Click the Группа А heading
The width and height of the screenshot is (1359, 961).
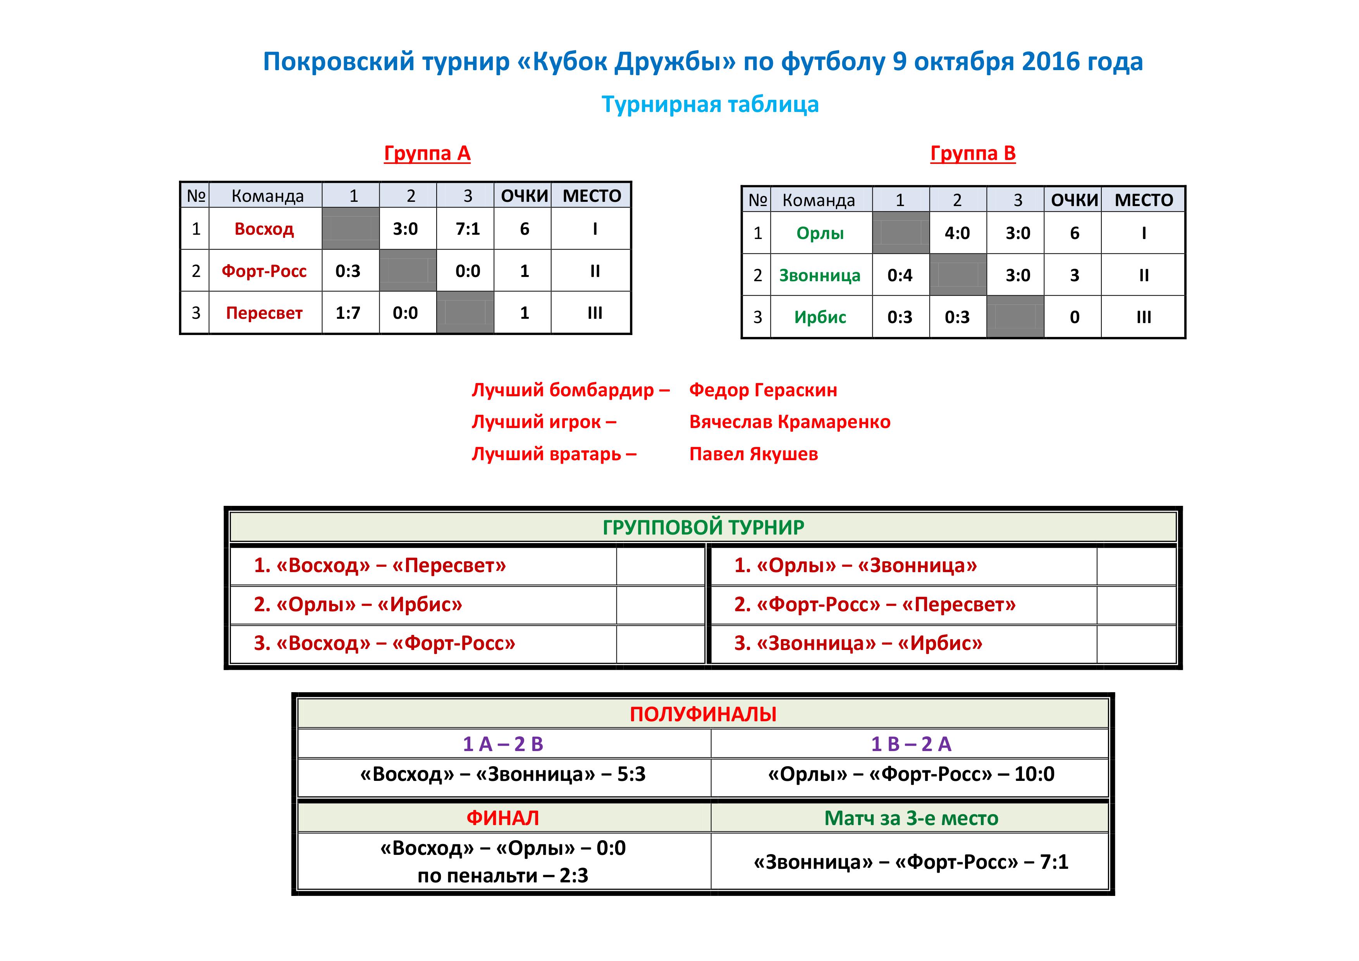click(x=427, y=153)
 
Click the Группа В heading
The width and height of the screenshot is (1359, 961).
click(x=973, y=153)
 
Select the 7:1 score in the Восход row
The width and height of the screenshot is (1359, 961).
click(x=468, y=229)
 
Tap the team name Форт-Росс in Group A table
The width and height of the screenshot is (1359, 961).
click(x=264, y=271)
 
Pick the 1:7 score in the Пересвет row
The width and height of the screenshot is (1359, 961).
click(x=347, y=313)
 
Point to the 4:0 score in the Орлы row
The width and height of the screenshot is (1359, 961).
click(x=957, y=233)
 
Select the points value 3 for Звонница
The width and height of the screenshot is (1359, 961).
click(x=1074, y=275)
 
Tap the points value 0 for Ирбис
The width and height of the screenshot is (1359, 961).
click(x=1074, y=317)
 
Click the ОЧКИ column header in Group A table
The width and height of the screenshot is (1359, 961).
click(x=525, y=196)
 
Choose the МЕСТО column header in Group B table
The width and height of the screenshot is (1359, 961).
click(x=1144, y=200)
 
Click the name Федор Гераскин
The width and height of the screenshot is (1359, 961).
click(x=763, y=390)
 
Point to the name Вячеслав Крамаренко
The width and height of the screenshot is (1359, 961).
click(x=790, y=422)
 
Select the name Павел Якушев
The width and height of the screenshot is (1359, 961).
click(x=753, y=454)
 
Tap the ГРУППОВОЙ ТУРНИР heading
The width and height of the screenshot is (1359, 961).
click(x=703, y=527)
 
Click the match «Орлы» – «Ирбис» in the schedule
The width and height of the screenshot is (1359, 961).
click(x=358, y=604)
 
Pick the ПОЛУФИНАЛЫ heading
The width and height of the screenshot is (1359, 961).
click(x=703, y=714)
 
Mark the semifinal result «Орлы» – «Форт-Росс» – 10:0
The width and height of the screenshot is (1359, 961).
click(x=911, y=774)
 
